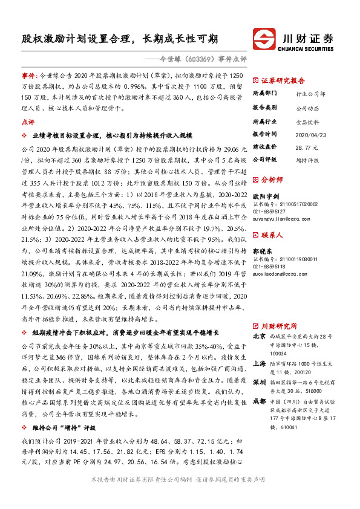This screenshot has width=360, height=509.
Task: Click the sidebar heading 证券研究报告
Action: point(283,79)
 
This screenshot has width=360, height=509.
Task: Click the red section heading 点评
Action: point(27,122)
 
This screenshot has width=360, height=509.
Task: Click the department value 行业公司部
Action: point(310,94)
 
